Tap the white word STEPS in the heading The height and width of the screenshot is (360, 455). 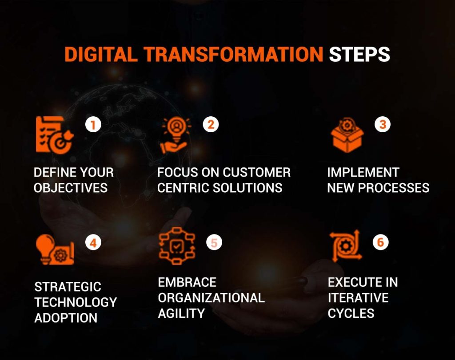pos(359,54)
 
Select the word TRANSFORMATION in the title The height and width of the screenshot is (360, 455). pos(233,54)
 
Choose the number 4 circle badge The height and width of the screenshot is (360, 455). pos(93,243)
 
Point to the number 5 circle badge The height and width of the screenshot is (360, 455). pos(214,243)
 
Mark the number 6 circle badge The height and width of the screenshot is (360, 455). pos(381,243)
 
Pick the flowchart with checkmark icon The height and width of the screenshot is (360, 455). pos(177,245)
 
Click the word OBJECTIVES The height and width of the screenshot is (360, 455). pos(71,188)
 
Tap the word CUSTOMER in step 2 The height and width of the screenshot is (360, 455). pos(257,172)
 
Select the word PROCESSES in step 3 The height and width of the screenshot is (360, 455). pos(395,188)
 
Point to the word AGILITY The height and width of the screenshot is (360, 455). pos(181,313)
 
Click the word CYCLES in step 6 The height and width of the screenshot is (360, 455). pos(351,313)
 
